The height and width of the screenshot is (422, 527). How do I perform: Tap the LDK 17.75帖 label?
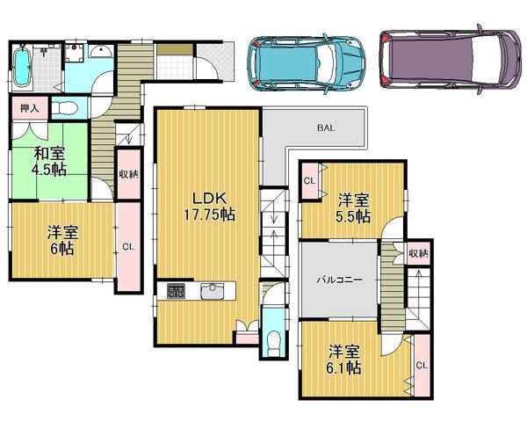[x=206, y=205]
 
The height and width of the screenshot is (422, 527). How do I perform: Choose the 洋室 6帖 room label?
[x=61, y=240]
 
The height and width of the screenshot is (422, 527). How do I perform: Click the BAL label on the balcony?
[x=326, y=128]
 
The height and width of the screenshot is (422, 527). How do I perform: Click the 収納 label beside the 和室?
[x=128, y=174]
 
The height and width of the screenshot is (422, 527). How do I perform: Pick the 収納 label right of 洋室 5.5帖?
[x=418, y=253]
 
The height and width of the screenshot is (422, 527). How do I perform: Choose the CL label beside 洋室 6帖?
[x=128, y=246]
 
